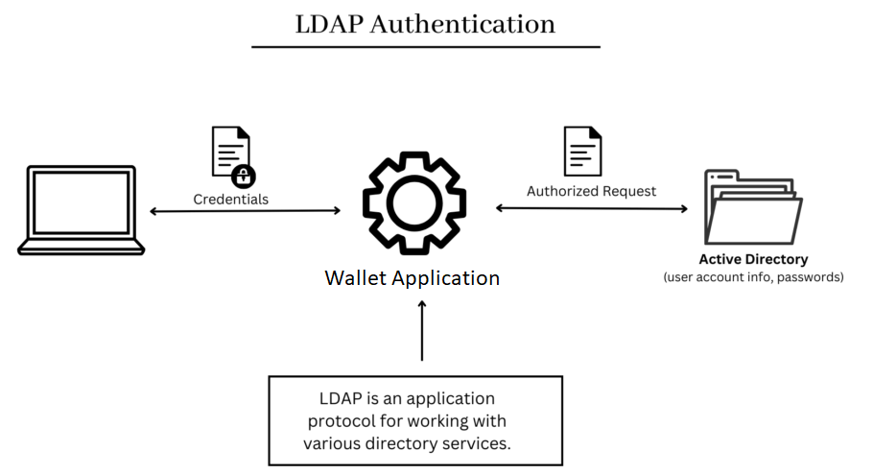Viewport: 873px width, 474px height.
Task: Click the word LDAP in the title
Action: click(329, 25)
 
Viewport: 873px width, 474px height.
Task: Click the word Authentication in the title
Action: click(462, 25)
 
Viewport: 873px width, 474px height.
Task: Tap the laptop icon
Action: click(82, 210)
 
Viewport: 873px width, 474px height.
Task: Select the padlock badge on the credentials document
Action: click(244, 176)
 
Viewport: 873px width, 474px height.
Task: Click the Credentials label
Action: click(230, 200)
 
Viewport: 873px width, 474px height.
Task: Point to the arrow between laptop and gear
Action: click(245, 210)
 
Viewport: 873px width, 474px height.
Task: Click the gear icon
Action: click(414, 202)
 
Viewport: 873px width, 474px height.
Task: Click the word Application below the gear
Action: click(447, 279)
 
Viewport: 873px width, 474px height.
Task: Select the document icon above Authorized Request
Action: click(582, 151)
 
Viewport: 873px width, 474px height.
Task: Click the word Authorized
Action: click(561, 191)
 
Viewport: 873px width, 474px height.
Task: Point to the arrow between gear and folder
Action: click(591, 208)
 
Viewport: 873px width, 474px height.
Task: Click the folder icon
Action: click(753, 207)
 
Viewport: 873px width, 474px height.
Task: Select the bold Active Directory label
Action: click(753, 259)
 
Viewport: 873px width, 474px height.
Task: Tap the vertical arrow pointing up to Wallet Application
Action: click(422, 330)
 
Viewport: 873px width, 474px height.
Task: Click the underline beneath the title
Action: click(426, 47)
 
